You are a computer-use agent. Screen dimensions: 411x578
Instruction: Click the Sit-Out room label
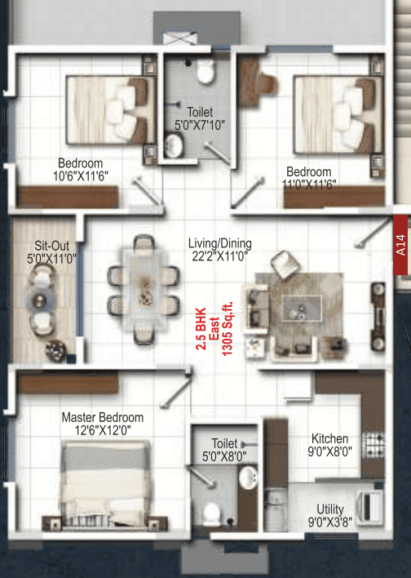pyautogui.click(x=51, y=246)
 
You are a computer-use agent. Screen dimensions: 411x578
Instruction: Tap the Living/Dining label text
pyautogui.click(x=220, y=243)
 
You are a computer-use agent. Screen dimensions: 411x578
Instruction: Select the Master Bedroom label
pyautogui.click(x=103, y=417)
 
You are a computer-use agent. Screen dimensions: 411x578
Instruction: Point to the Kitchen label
pyautogui.click(x=329, y=438)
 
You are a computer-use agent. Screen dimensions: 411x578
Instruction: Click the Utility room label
pyautogui.click(x=330, y=509)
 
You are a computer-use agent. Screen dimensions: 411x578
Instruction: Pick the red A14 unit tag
pyautogui.click(x=400, y=245)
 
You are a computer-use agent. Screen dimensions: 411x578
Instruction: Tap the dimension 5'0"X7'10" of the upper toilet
pyautogui.click(x=200, y=126)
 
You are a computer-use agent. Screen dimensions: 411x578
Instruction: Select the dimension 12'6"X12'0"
pyautogui.click(x=103, y=429)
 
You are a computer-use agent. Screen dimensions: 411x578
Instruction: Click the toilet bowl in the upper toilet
pyautogui.click(x=205, y=71)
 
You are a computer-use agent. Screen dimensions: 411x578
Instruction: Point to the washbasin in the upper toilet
pyautogui.click(x=174, y=145)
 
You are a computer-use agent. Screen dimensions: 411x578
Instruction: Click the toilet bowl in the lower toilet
pyautogui.click(x=212, y=514)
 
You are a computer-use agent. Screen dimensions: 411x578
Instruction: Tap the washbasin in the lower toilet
pyautogui.click(x=248, y=478)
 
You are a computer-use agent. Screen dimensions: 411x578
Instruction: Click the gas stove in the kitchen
pyautogui.click(x=373, y=444)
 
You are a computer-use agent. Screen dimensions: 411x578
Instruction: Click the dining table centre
pyautogui.click(x=144, y=290)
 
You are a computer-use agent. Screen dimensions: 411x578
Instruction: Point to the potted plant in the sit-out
pyautogui.click(x=55, y=349)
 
